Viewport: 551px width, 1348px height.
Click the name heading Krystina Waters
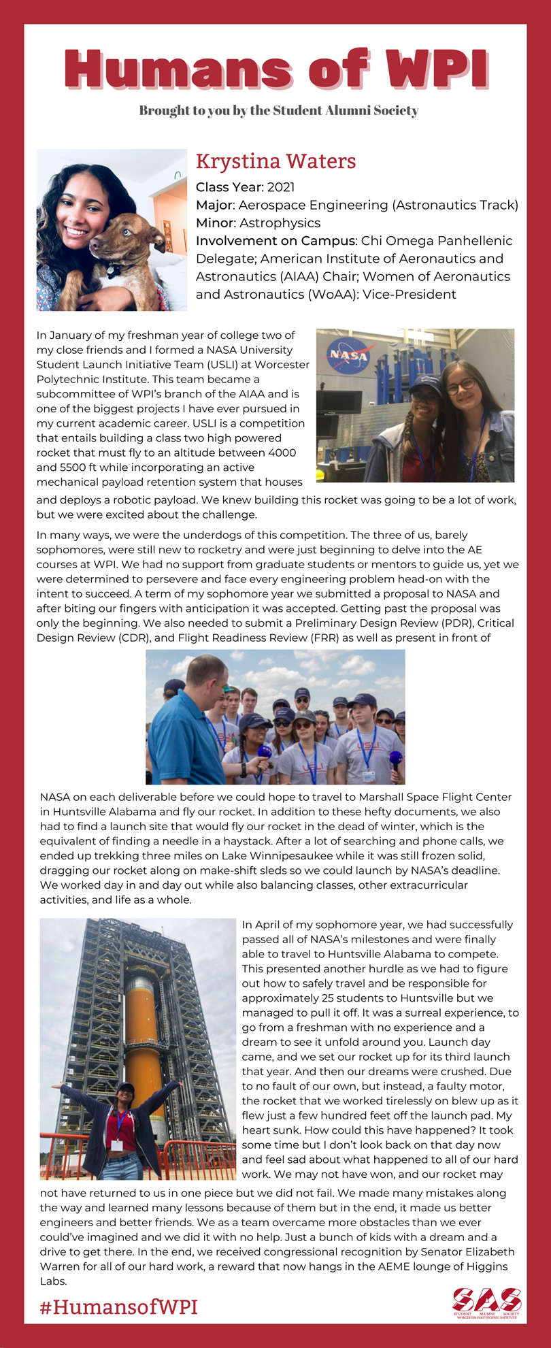coord(275,161)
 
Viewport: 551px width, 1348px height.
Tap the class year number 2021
coord(281,187)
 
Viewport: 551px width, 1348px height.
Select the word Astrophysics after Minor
coord(280,223)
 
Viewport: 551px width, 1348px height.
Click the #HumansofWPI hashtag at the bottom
coord(118,1306)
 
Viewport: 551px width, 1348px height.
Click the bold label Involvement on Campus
coord(275,240)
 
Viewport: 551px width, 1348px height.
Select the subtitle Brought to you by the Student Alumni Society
coord(278,110)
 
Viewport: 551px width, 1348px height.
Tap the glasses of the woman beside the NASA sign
coord(461,386)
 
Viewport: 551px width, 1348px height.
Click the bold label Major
coord(214,205)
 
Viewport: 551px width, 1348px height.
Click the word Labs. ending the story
coord(53,1281)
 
